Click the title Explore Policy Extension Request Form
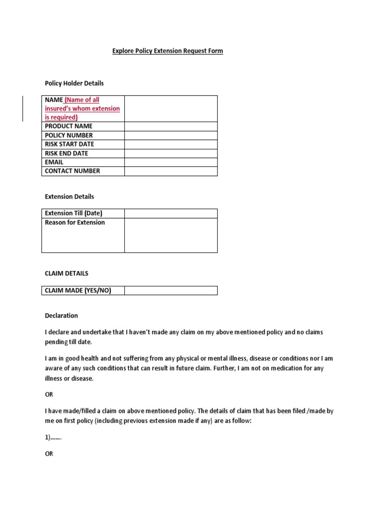[x=167, y=51]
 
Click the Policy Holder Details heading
[x=74, y=83]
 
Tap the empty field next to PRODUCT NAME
[x=171, y=127]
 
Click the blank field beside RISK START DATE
[x=171, y=144]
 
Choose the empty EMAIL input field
[x=171, y=162]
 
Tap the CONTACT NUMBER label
[x=72, y=171]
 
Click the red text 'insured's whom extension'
[x=82, y=109]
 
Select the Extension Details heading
[x=69, y=197]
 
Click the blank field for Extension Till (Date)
[x=171, y=214]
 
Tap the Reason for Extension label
[x=75, y=223]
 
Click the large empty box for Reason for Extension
[x=171, y=235]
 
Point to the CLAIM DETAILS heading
[x=67, y=273]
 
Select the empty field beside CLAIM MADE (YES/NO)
[x=171, y=290]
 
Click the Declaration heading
[x=61, y=316]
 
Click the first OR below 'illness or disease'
[x=49, y=394]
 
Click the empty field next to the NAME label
[x=171, y=109]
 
